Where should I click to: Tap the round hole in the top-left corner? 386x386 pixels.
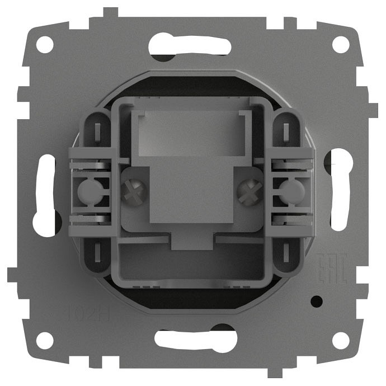(45, 44)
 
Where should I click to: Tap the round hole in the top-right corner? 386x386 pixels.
(340, 44)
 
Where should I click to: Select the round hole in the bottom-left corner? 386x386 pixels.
(45, 340)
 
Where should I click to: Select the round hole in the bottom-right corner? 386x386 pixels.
(340, 340)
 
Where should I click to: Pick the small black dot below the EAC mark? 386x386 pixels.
(318, 302)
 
